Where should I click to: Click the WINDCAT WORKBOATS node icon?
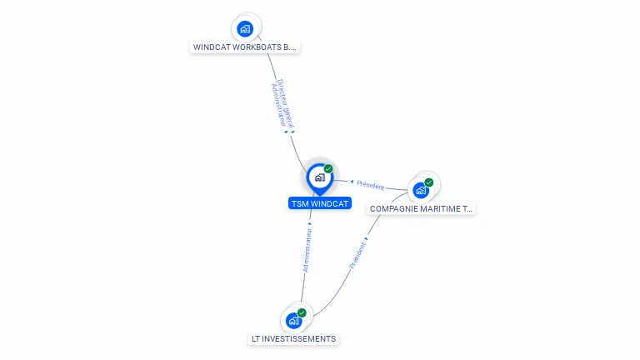tap(245, 29)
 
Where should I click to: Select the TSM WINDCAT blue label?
tap(320, 203)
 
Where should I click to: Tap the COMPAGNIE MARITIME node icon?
tap(421, 191)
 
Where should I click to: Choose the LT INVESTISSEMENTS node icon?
tap(293, 321)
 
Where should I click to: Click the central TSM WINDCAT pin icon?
tap(319, 177)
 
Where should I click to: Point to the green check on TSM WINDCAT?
tap(328, 168)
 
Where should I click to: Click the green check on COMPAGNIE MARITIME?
tap(429, 182)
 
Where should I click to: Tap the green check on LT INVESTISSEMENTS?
tap(302, 312)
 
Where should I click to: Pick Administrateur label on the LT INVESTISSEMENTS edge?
tap(307, 250)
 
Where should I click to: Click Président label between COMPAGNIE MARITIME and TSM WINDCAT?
tap(370, 185)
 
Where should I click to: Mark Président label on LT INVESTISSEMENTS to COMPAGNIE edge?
tap(357, 255)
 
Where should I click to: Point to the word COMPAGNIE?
tap(392, 209)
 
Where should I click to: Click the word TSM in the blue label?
tap(299, 203)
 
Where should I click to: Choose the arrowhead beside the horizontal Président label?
tap(352, 182)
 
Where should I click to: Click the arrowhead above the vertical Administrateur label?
tap(310, 223)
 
